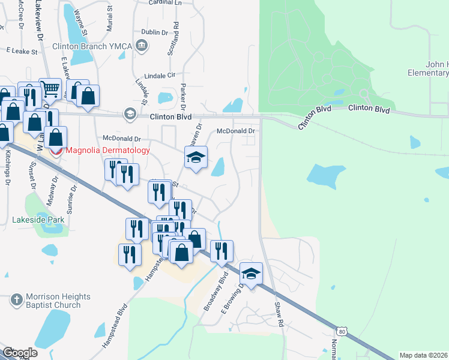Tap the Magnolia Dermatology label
(107, 151)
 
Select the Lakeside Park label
(38, 220)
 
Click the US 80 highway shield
(342, 331)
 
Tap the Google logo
(20, 353)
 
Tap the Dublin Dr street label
(154, 32)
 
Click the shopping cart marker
(50, 89)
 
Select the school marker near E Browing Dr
(251, 274)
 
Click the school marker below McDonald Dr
(196, 158)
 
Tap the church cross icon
(17, 299)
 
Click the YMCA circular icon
(142, 44)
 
